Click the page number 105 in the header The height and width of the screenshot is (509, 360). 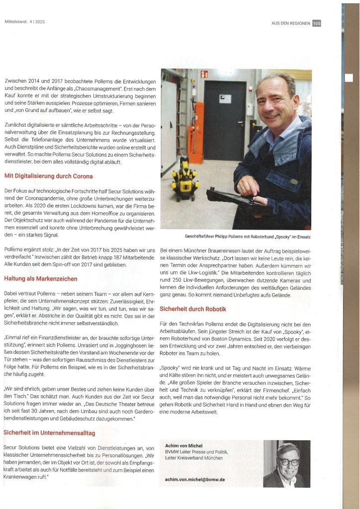click(x=316, y=23)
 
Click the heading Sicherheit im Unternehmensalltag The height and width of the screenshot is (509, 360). click(x=49, y=432)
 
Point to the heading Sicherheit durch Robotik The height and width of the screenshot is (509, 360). click(x=193, y=309)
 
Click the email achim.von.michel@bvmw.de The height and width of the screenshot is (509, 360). click(x=195, y=479)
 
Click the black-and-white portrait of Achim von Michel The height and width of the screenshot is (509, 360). click(x=287, y=464)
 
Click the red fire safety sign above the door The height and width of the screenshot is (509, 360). click(x=204, y=74)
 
